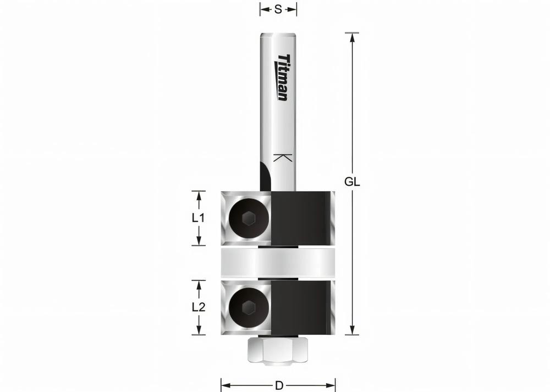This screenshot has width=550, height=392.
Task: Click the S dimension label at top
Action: click(278, 9)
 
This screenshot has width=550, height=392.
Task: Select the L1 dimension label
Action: click(198, 218)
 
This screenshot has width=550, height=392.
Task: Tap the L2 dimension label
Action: click(198, 307)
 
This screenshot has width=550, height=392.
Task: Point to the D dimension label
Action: click(279, 385)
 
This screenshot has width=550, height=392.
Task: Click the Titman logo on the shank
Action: click(282, 77)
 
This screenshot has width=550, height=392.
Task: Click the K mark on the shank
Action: click(282, 158)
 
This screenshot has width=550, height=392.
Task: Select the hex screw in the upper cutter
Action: click(248, 218)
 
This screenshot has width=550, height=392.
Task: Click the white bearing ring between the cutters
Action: click(278, 263)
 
